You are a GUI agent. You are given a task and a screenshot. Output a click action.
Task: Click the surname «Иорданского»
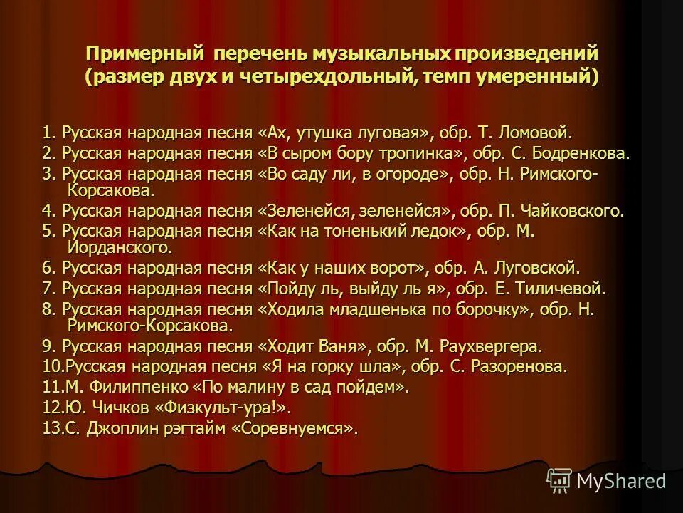pos(120,248)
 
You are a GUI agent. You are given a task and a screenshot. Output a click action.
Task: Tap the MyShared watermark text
pos(620,481)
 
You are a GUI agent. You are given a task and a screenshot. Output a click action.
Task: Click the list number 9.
pos(48,347)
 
